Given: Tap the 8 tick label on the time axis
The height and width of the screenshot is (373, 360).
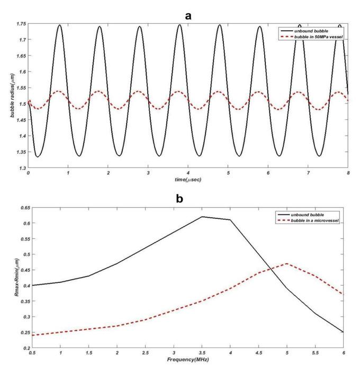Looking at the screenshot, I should pos(347,174).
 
